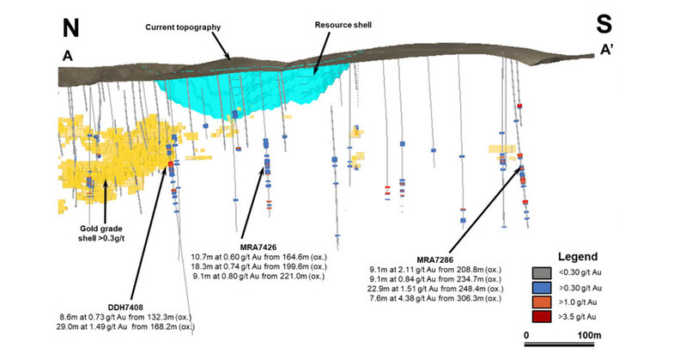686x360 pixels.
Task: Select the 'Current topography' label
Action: [x=184, y=27]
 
